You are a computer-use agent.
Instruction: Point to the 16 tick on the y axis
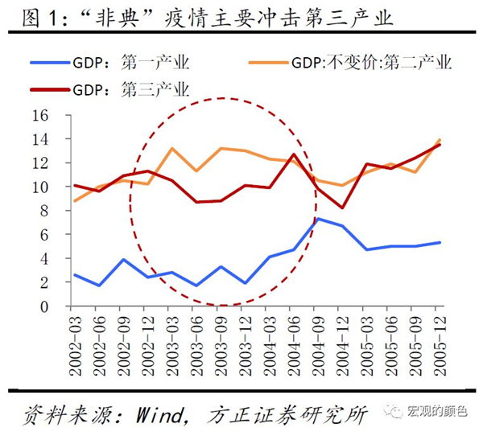point(41,115)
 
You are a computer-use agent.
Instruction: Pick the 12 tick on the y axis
point(41,163)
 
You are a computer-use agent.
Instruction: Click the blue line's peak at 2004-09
point(318,219)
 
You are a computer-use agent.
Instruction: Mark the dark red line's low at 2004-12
point(342,208)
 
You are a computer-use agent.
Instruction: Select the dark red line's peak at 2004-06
point(294,154)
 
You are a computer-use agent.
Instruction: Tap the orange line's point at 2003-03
point(171,149)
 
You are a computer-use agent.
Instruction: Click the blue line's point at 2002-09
point(123,260)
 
